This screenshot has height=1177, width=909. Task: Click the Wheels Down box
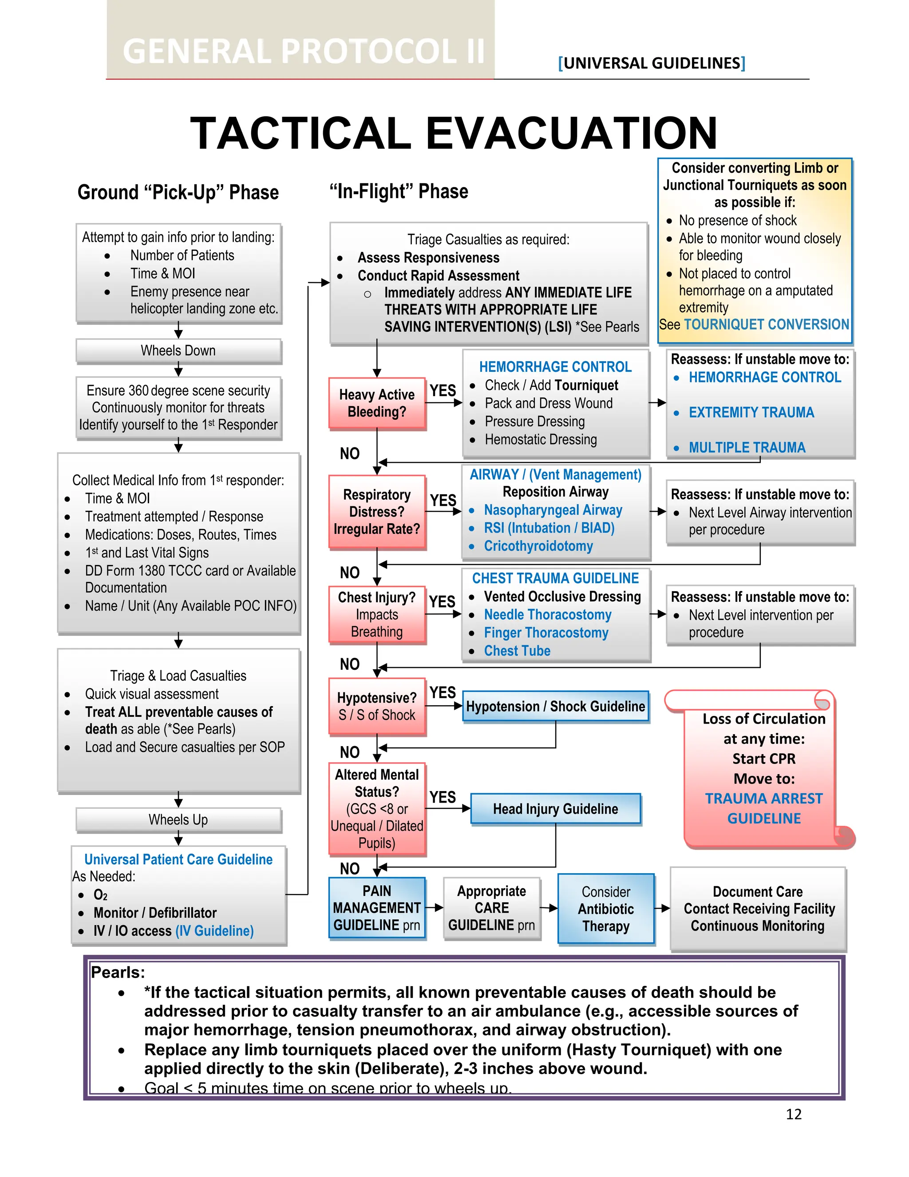(178, 351)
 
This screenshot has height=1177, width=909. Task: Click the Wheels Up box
(178, 820)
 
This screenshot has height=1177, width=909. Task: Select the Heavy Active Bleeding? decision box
(377, 403)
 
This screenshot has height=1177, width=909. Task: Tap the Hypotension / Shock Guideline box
(555, 707)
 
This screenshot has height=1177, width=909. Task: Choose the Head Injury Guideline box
(555, 809)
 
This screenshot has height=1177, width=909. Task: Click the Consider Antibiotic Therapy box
(606, 909)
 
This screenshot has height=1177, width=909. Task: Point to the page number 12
(793, 1114)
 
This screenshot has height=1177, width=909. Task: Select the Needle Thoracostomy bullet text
(547, 614)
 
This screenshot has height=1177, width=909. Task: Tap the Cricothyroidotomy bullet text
(538, 546)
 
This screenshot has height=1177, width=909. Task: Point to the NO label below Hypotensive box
(349, 752)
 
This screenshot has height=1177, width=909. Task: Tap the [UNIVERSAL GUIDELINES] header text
(652, 64)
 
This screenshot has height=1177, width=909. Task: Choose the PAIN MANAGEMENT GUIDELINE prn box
(377, 908)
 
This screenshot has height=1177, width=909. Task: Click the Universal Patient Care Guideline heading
(178, 859)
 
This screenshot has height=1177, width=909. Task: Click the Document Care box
(758, 909)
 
